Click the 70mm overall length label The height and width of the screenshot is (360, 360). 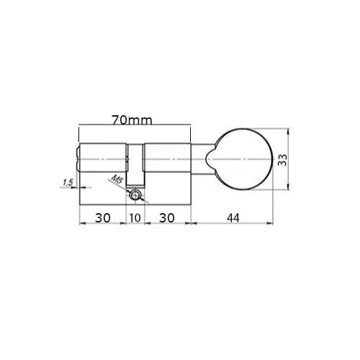(132, 120)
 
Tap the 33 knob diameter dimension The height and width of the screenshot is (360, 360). (282, 160)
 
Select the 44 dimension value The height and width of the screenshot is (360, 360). (233, 218)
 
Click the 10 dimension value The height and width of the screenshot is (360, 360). (135, 218)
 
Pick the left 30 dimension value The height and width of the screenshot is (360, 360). (103, 218)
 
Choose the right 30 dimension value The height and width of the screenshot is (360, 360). (166, 218)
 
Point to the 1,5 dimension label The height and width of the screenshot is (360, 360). (68, 183)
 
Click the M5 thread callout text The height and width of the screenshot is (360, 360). (117, 179)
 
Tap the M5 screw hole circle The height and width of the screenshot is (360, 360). (135, 194)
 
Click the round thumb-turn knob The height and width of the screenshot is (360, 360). (243, 159)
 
